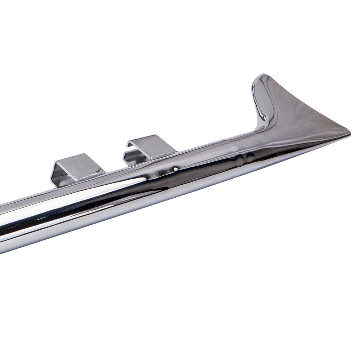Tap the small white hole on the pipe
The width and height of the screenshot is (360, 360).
click(x=175, y=168)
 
